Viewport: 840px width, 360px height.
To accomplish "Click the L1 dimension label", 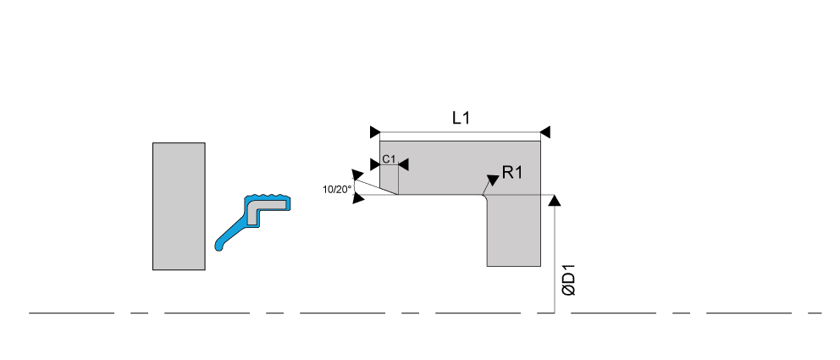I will [x=460, y=119].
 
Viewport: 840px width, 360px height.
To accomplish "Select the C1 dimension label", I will [x=389, y=159].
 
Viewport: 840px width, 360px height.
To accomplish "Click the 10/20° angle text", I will [x=336, y=189].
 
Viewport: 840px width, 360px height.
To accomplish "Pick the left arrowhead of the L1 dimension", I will [x=375, y=131].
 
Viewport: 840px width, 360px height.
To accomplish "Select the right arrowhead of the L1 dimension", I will [x=545, y=131].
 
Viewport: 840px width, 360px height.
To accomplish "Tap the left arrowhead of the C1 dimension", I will [x=375, y=163].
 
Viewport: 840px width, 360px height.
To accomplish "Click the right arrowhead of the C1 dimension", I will [x=403, y=163].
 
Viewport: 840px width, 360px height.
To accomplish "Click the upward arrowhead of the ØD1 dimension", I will [x=555, y=200].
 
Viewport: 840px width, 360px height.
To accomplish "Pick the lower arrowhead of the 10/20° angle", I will [x=358, y=199].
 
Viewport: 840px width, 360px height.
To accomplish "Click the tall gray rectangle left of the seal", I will [x=179, y=207].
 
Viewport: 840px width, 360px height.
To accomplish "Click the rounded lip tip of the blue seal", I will [x=220, y=247].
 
